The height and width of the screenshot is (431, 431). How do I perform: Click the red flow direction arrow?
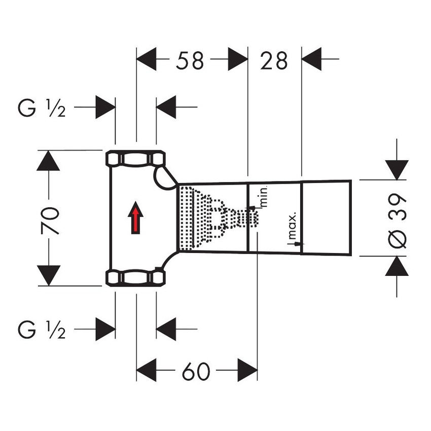(x=135, y=217)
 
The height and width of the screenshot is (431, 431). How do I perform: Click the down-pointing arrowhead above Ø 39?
(x=397, y=169)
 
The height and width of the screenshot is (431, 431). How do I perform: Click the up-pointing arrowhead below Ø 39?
(x=397, y=266)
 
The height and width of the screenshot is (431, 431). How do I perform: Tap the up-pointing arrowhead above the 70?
(x=49, y=161)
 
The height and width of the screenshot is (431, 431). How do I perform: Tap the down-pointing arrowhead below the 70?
(x=49, y=275)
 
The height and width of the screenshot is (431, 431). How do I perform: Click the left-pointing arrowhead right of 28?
(x=312, y=59)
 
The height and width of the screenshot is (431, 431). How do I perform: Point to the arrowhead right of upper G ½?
(x=106, y=107)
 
